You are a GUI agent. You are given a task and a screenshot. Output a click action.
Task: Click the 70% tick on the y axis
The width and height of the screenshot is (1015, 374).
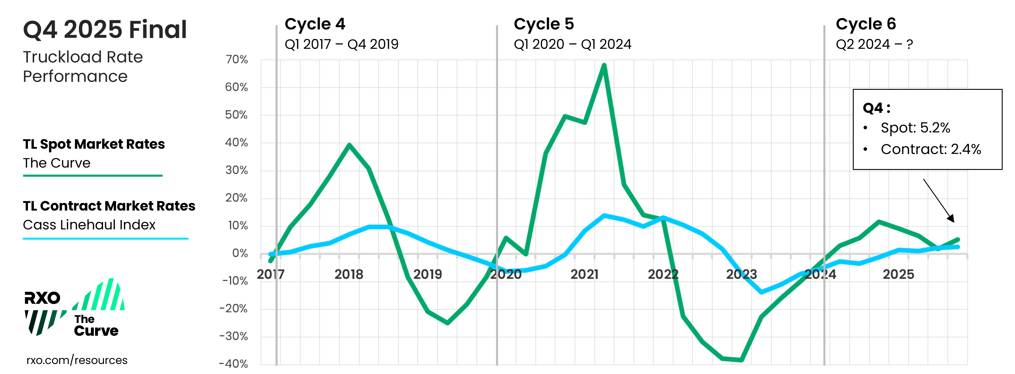pos(236,60)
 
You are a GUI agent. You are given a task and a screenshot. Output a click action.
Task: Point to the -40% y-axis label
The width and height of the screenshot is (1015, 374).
pos(234,363)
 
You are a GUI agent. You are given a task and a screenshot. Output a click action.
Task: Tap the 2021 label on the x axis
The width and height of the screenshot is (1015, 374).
pos(584,274)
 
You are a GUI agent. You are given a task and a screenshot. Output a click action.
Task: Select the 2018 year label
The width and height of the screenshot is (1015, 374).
pos(349,274)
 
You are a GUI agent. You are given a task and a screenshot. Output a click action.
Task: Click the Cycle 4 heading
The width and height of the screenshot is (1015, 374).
pos(315,24)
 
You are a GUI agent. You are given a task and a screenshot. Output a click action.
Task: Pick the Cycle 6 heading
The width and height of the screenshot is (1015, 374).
pos(866,24)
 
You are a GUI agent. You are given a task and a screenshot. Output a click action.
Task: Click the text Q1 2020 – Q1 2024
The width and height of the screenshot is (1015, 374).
pos(572,44)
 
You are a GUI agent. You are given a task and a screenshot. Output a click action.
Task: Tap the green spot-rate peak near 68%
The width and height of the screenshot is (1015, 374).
pos(604,65)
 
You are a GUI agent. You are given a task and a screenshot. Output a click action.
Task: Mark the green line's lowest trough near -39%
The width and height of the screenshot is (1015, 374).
pos(741,360)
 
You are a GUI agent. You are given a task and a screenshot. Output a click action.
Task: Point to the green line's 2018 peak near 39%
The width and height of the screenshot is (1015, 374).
pos(349,145)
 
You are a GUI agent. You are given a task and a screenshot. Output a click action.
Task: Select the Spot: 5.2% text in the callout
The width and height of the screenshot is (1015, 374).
pos(915,128)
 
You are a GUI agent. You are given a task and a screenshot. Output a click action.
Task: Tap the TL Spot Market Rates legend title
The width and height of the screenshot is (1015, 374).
pos(94,144)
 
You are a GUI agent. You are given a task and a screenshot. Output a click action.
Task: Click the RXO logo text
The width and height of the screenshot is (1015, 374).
pos(42,298)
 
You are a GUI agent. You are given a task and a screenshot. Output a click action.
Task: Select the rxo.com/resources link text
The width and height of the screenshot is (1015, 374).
pos(77,360)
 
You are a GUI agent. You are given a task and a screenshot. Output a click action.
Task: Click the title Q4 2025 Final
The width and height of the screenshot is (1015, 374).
pos(105,29)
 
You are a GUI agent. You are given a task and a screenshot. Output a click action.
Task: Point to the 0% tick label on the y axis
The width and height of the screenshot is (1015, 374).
pos(240,253)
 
